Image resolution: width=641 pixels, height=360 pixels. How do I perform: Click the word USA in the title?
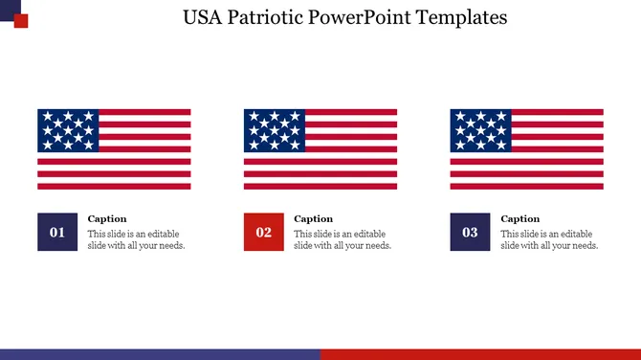tap(205, 17)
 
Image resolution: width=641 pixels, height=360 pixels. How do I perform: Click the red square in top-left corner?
tap(21, 21)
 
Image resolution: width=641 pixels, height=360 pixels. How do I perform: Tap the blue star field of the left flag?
tap(68, 130)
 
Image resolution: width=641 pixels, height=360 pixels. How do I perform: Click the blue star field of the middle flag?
tap(275, 130)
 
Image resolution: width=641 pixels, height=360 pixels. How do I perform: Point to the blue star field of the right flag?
tap(481, 130)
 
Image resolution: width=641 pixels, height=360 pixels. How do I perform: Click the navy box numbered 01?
tap(57, 232)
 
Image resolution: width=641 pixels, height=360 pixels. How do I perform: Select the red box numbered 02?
tap(264, 232)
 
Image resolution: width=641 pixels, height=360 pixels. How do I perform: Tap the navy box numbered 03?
tap(471, 232)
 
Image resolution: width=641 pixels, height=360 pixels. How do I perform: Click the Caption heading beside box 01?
tap(107, 219)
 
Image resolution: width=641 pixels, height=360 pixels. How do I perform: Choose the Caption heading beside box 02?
tap(314, 219)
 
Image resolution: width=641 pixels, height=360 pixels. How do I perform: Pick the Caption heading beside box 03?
tap(520, 219)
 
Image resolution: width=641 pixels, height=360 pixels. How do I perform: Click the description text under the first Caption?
tap(136, 239)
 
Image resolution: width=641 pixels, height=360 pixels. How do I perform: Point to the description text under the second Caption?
tap(343, 239)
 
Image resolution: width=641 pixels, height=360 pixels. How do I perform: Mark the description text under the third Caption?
tap(549, 239)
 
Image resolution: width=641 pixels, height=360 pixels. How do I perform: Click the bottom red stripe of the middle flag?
tap(320, 186)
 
